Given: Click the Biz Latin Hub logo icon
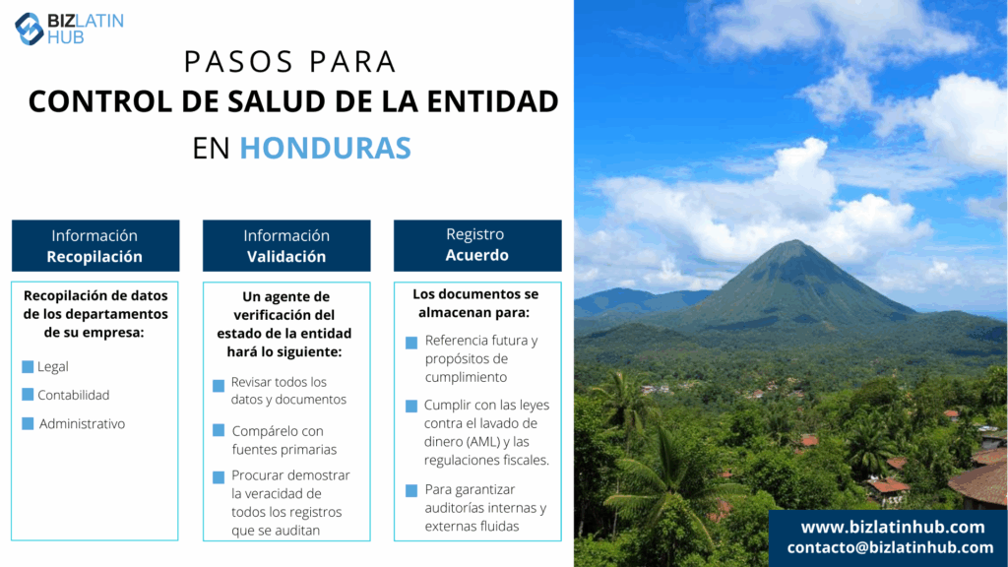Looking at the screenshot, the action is click(x=29, y=29).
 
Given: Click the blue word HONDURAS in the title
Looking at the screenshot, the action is click(x=325, y=148).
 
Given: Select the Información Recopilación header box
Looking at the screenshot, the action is click(x=95, y=245).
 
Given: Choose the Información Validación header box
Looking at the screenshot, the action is click(x=286, y=245).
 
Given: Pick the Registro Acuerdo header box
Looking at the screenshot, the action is click(x=477, y=245).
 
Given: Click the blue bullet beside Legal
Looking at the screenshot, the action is click(x=28, y=366).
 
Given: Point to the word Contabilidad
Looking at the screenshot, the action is click(x=73, y=395).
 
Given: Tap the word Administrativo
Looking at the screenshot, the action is click(x=83, y=423).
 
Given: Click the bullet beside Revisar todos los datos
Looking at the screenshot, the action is click(x=219, y=386).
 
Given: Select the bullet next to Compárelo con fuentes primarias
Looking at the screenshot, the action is click(x=219, y=430).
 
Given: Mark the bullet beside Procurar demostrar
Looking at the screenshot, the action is click(x=219, y=477).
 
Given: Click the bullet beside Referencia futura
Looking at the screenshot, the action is click(x=411, y=343).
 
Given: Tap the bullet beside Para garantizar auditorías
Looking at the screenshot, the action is click(x=411, y=491).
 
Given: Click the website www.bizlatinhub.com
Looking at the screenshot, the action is click(x=893, y=528).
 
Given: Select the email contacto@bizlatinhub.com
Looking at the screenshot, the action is click(x=890, y=547).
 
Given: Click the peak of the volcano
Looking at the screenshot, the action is click(x=794, y=241).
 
